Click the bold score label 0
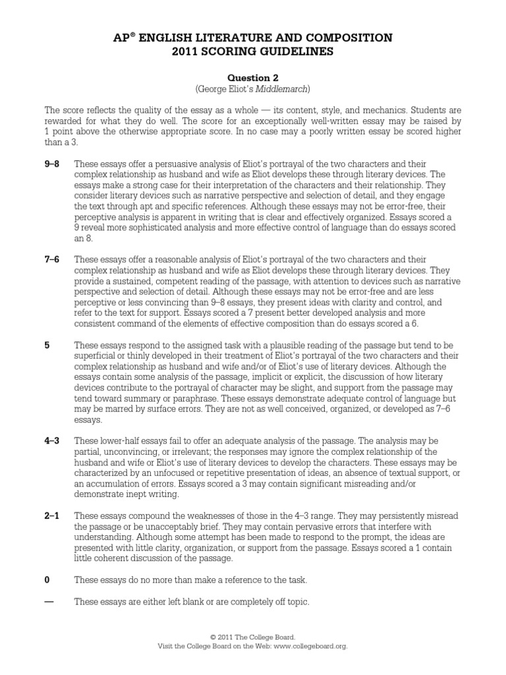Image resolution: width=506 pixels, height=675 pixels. click(47, 579)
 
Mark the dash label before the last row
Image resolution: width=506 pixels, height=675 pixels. click(48, 601)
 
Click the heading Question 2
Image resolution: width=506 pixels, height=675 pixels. click(252, 77)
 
